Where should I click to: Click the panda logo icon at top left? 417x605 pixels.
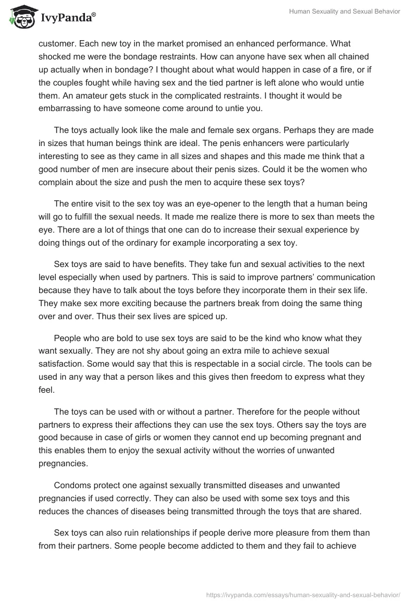[20, 17]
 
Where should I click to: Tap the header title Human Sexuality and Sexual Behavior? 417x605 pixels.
[345, 12]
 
